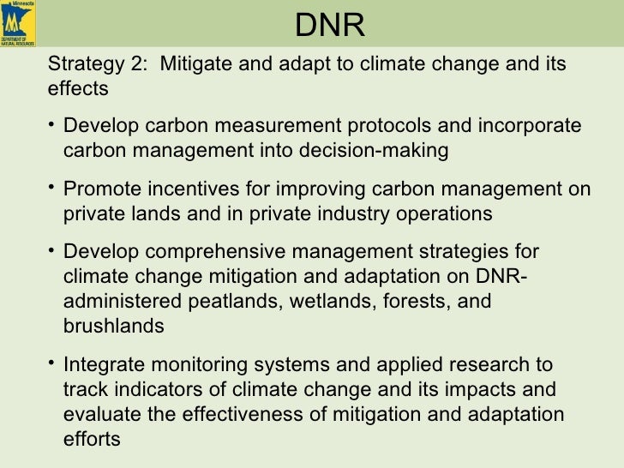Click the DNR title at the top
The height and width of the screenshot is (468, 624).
click(x=330, y=27)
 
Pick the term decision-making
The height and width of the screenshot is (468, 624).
click(x=388, y=151)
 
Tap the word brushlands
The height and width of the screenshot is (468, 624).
click(x=113, y=326)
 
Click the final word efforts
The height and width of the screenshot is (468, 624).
click(x=92, y=436)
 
